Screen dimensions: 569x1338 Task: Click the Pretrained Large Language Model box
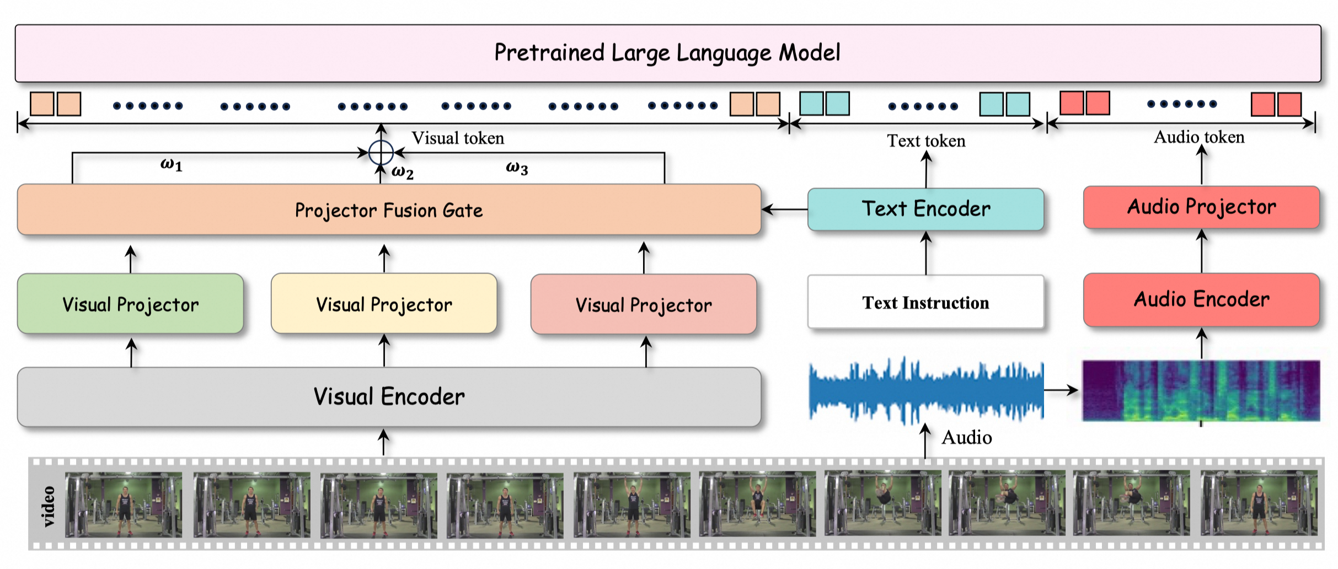coord(667,53)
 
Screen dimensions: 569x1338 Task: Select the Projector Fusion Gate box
coord(389,210)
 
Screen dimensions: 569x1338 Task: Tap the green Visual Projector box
coord(130,304)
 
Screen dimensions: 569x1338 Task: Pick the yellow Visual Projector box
coord(384,304)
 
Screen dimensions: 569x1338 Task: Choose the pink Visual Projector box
coord(644,305)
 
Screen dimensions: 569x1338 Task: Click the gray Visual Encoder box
coord(389,396)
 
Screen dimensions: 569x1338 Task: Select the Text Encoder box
coord(925,209)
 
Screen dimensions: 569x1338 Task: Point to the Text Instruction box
coord(925,302)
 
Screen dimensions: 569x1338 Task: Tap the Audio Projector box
coord(1201,207)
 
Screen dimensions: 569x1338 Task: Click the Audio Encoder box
coord(1201,299)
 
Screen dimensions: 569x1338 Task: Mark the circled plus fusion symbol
coord(381,153)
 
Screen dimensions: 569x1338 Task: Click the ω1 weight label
coord(172,164)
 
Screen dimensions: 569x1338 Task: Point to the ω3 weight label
coord(517,168)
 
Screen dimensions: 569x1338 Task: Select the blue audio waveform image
coord(925,391)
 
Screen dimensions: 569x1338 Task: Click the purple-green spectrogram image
coord(1201,391)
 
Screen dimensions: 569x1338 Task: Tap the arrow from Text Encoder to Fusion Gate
coord(784,210)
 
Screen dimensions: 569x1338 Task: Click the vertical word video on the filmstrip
coord(49,506)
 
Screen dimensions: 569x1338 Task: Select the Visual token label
coord(458,138)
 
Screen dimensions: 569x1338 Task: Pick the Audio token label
coord(1199,137)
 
